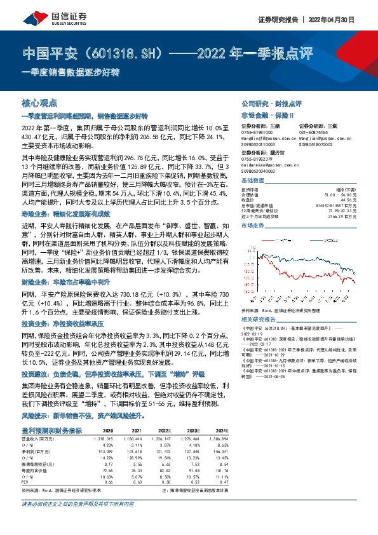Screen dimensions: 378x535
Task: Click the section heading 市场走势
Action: [x=253, y=226]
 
